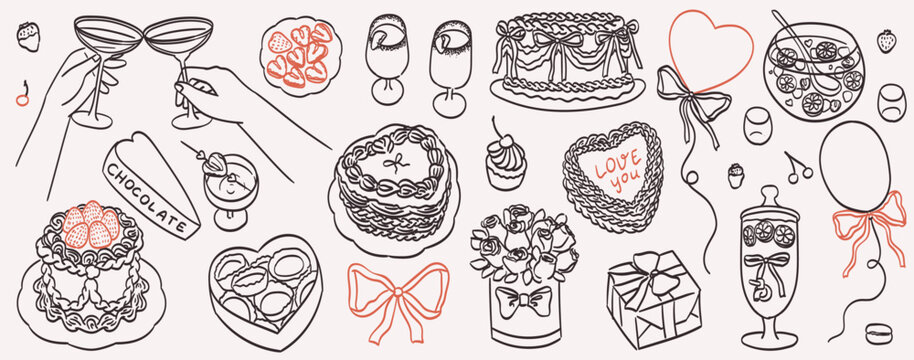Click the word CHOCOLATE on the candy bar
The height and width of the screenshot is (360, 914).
click(147, 196)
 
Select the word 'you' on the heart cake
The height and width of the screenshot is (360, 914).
click(623, 182)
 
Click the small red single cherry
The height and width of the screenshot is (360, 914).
click(22, 95)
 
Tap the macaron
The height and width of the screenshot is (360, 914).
click(878, 334)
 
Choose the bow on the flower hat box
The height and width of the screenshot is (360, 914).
click(522, 299)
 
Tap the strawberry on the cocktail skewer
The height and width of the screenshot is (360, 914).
click(216, 164)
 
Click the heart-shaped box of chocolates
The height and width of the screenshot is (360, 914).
click(265, 291)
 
